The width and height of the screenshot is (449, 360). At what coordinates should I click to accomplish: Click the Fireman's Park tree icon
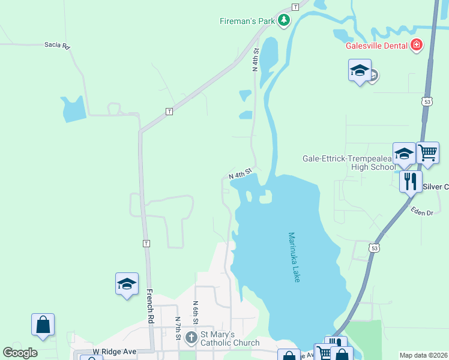283,21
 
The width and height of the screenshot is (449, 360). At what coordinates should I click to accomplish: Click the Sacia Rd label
57,45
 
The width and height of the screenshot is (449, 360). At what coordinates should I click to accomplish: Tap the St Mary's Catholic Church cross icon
191,338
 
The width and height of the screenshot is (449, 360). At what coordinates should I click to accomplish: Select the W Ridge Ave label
113,352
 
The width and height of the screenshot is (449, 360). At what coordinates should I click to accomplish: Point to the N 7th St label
178,329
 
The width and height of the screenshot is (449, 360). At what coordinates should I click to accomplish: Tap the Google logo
20,353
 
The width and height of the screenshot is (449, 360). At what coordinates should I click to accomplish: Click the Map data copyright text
424,355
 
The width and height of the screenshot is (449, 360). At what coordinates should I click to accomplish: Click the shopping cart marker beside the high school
427,152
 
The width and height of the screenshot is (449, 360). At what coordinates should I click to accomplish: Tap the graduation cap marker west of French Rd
127,283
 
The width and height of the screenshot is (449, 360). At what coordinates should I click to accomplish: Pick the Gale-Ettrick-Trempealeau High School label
348,163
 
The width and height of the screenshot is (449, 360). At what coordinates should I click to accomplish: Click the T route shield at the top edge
295,7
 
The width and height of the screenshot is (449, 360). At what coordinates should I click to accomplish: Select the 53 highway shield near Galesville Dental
427,103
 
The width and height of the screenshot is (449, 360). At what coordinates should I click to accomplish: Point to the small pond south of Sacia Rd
73,109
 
